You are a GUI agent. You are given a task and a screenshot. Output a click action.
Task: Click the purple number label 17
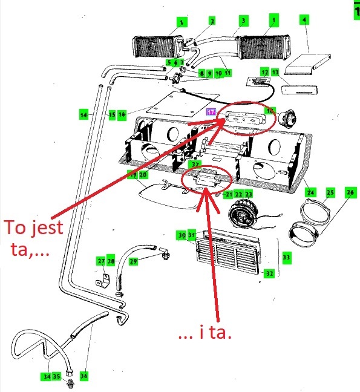point(211,113)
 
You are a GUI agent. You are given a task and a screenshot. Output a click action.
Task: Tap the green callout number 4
point(304,21)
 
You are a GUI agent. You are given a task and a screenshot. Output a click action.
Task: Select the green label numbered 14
point(83,114)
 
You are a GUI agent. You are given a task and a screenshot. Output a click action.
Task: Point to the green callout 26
point(350,192)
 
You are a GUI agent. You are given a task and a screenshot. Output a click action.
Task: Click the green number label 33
point(286,258)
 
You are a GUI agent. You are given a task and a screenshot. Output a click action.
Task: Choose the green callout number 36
point(83,376)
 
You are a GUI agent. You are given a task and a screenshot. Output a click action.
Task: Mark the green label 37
point(195,164)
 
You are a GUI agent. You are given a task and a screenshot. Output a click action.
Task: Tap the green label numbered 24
point(310,194)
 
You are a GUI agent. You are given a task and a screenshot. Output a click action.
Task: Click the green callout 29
point(133,261)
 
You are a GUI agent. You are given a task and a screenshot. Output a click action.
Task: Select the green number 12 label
point(264,72)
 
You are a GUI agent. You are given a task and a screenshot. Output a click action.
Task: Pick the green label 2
point(212,21)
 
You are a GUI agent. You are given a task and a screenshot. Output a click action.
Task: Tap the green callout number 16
point(122,114)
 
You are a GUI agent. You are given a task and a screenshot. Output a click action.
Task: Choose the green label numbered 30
point(182,235)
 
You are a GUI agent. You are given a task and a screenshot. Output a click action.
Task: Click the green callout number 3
point(242,21)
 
